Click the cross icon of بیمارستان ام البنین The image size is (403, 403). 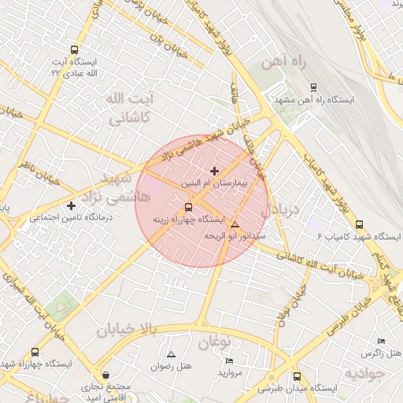[x=214, y=170]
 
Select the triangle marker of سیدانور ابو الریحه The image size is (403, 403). [x=235, y=226]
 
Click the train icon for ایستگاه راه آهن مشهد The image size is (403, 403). [x=314, y=88]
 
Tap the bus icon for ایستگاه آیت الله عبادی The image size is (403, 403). [x=74, y=50]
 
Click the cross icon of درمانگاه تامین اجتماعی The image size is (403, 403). [x=71, y=205]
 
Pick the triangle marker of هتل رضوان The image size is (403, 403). [x=172, y=355]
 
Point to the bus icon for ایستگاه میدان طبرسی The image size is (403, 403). [x=297, y=376]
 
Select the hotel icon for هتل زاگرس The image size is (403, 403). [x=382, y=341]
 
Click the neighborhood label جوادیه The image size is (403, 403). [x=368, y=371]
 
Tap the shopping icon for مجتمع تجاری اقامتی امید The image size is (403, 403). [x=107, y=375]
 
